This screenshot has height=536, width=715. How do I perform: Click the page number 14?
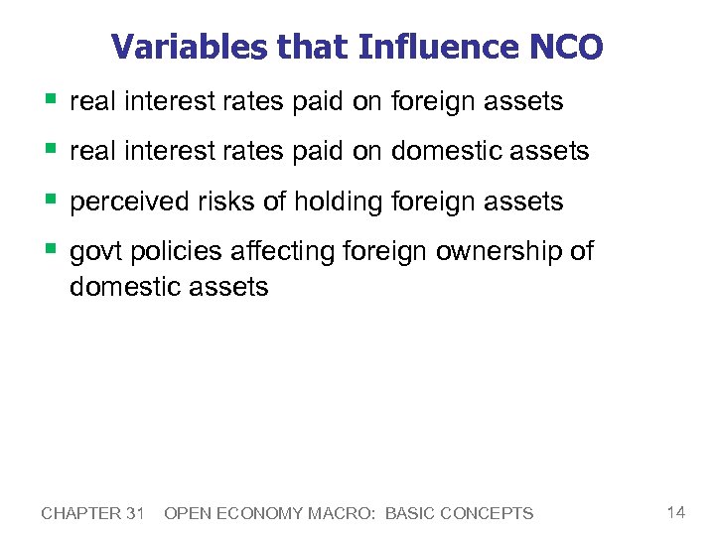click(x=675, y=512)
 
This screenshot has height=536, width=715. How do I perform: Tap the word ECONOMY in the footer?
click(x=264, y=513)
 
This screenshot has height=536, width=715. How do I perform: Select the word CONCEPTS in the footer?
click(x=489, y=513)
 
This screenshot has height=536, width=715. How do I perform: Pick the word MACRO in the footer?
click(x=346, y=513)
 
